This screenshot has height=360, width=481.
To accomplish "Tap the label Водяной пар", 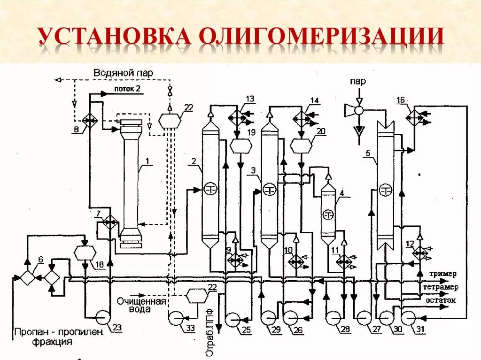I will tap(123, 73).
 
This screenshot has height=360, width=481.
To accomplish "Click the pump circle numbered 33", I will tap(176, 318).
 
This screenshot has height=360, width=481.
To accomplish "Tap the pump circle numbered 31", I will tap(408, 318).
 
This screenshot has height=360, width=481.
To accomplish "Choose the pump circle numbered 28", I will tap(334, 318).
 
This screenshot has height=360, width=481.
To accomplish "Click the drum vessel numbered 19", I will tap(240, 146).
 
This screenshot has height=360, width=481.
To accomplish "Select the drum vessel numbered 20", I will tap(301, 146).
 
